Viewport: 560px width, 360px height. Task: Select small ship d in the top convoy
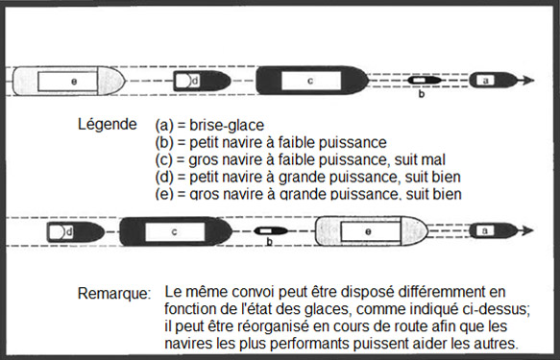195,81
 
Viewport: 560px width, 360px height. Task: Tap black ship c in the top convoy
309,81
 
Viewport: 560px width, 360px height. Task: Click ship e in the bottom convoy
369,231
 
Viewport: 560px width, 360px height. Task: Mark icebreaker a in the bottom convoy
486,230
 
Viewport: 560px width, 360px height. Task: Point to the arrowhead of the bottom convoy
527,230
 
